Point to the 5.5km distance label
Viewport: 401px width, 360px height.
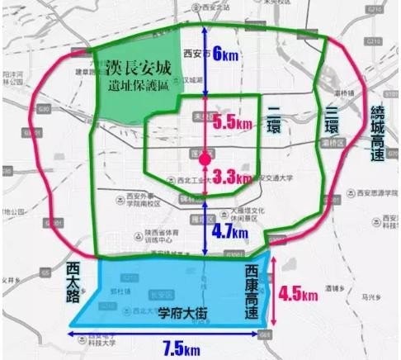[232, 121]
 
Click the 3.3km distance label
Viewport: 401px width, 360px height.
[230, 176]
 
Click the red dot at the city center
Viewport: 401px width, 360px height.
[205, 154]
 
